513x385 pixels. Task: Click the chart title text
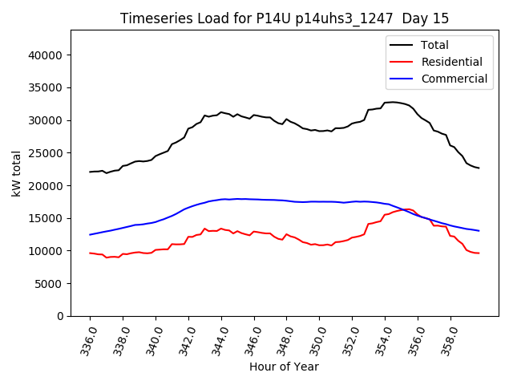(x=285, y=18)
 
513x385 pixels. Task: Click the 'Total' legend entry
(x=434, y=45)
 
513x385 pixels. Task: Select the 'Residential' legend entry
(x=452, y=62)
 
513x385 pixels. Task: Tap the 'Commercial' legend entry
(x=454, y=79)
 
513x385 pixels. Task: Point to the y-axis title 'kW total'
(x=16, y=173)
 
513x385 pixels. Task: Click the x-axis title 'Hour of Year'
(x=284, y=367)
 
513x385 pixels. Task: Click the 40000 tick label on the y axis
(x=46, y=55)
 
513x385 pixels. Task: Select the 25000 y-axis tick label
(x=46, y=153)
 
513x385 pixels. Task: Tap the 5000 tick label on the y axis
(x=49, y=284)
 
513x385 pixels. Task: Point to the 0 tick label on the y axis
(x=60, y=316)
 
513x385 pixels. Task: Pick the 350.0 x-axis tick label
(x=317, y=338)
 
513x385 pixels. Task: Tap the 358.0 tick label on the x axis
(x=448, y=338)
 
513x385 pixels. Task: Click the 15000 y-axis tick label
(x=46, y=218)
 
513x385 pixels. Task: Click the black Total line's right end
(x=479, y=168)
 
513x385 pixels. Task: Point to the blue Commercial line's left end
(x=90, y=235)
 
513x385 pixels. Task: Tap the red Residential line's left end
(x=90, y=253)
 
